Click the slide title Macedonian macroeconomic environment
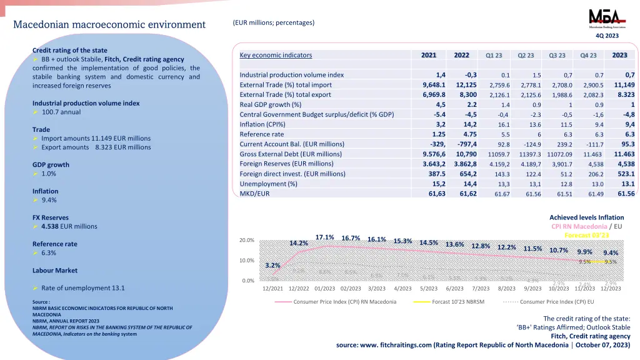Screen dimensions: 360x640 click(x=109, y=25)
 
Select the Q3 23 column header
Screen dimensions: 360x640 click(x=557, y=55)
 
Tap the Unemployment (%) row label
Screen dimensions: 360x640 click(x=268, y=184)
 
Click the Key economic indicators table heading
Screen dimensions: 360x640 click(x=276, y=55)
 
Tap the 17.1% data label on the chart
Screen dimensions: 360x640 click(x=324, y=237)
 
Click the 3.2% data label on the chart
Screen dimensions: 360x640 click(x=272, y=265)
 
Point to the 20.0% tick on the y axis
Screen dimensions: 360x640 click(x=247, y=240)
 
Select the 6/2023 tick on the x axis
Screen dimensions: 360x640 click(x=454, y=288)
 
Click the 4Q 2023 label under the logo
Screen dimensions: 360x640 click(x=606, y=36)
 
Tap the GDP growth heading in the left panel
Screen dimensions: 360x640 click(x=51, y=165)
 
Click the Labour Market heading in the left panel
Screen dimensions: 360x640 click(x=55, y=271)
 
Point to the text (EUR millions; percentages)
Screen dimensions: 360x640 click(x=274, y=22)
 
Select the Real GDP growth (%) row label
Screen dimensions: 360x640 click(x=270, y=104)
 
